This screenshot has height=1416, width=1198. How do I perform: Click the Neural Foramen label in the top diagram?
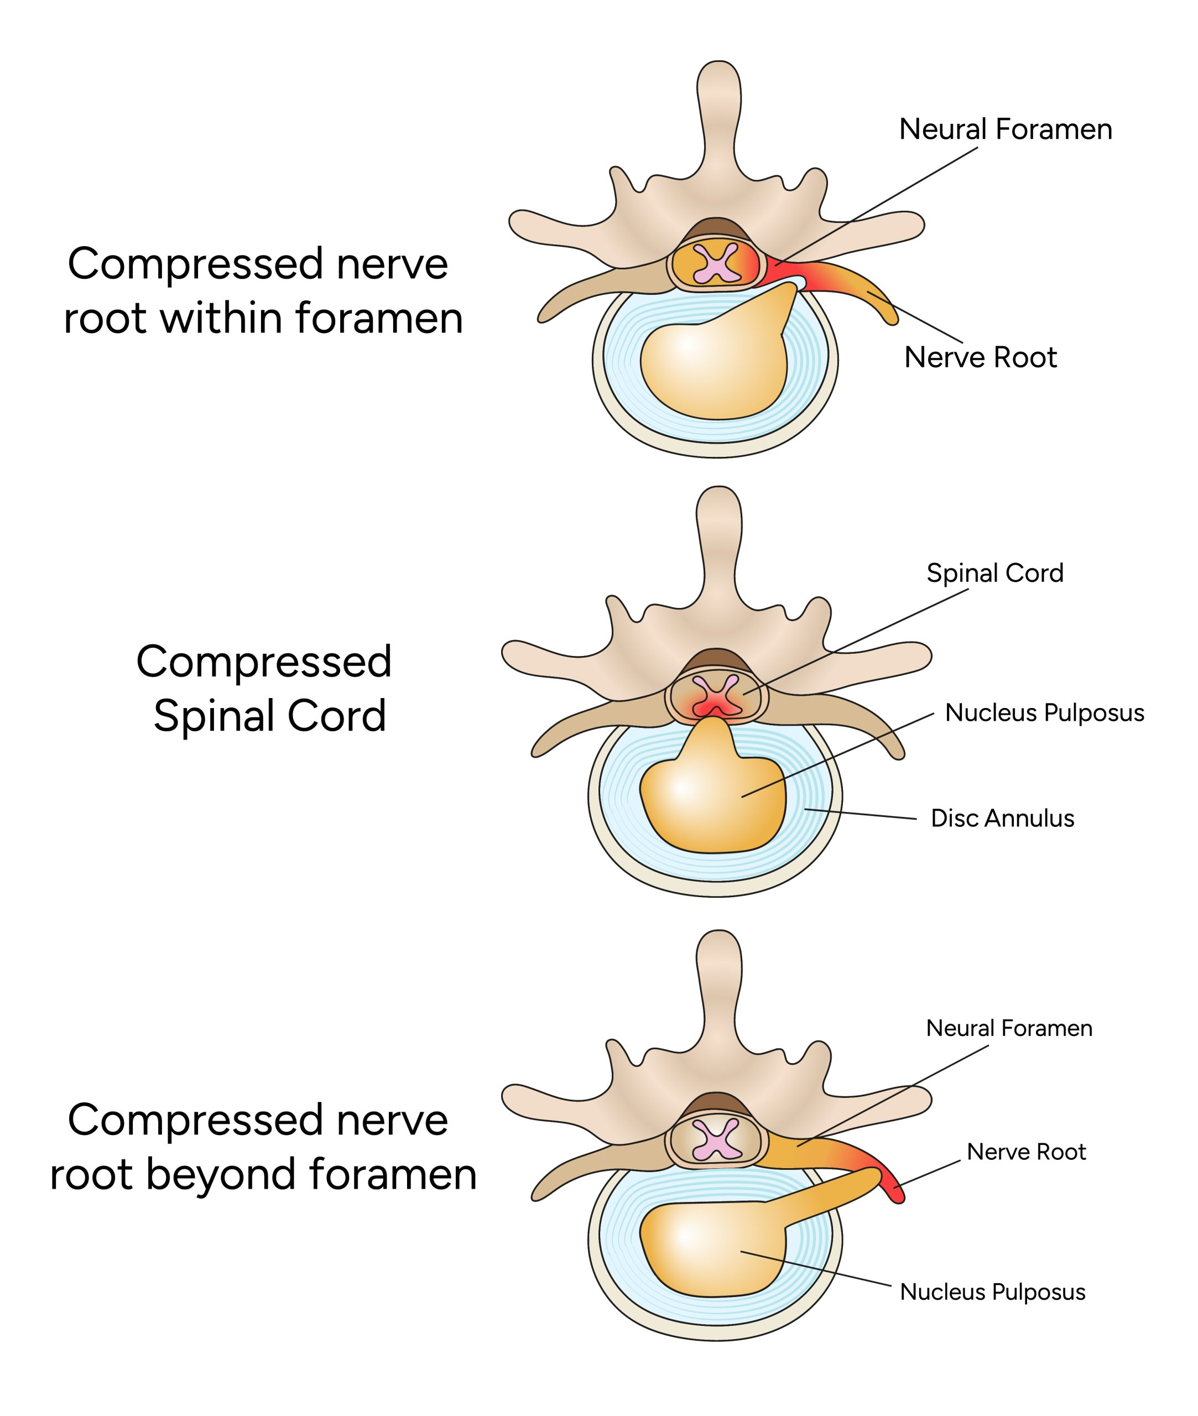(1005, 129)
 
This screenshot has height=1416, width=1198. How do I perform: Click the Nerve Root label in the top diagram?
(980, 357)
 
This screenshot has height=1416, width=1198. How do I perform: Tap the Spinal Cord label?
(994, 572)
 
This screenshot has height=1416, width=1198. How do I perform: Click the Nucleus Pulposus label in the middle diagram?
(1044, 712)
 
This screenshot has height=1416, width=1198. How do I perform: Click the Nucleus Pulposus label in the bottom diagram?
(992, 1291)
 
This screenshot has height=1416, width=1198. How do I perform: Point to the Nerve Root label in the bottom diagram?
(1025, 1151)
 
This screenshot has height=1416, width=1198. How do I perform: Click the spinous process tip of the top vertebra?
(718, 75)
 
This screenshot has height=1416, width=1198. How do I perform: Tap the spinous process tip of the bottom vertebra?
(718, 944)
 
